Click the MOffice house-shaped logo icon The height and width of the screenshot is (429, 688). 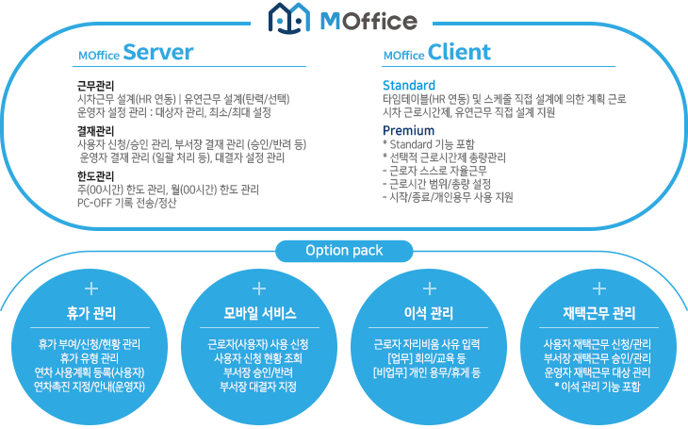pyautogui.click(x=289, y=18)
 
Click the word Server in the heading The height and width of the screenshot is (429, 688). pyautogui.click(x=158, y=52)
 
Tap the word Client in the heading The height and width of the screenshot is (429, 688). pyautogui.click(x=459, y=52)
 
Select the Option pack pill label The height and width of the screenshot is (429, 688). pyautogui.click(x=344, y=251)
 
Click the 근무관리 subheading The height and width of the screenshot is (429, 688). pyautogui.click(x=95, y=85)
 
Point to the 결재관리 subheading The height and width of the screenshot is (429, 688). pyautogui.click(x=95, y=130)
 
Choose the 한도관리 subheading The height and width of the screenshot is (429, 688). pyautogui.click(x=95, y=176)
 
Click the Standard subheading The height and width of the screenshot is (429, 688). pyautogui.click(x=409, y=85)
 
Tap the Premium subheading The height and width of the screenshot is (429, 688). pyautogui.click(x=408, y=130)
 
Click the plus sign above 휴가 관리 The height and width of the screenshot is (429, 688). pyautogui.click(x=91, y=289)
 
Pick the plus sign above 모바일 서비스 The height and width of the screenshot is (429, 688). pyautogui.click(x=259, y=289)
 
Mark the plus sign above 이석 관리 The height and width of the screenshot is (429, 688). pyautogui.click(x=430, y=289)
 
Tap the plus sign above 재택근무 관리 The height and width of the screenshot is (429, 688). pyautogui.click(x=599, y=289)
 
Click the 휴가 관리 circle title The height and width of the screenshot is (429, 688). pyautogui.click(x=91, y=313)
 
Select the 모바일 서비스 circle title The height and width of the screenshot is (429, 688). pyautogui.click(x=260, y=313)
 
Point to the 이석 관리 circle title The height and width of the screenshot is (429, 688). pyautogui.click(x=429, y=313)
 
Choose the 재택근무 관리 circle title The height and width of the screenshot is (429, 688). pyautogui.click(x=599, y=313)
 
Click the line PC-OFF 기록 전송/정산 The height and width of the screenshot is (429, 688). pyautogui.click(x=127, y=203)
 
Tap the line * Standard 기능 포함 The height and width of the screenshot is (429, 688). pyautogui.click(x=429, y=144)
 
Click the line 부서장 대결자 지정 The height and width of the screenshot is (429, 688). pyautogui.click(x=258, y=387)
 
